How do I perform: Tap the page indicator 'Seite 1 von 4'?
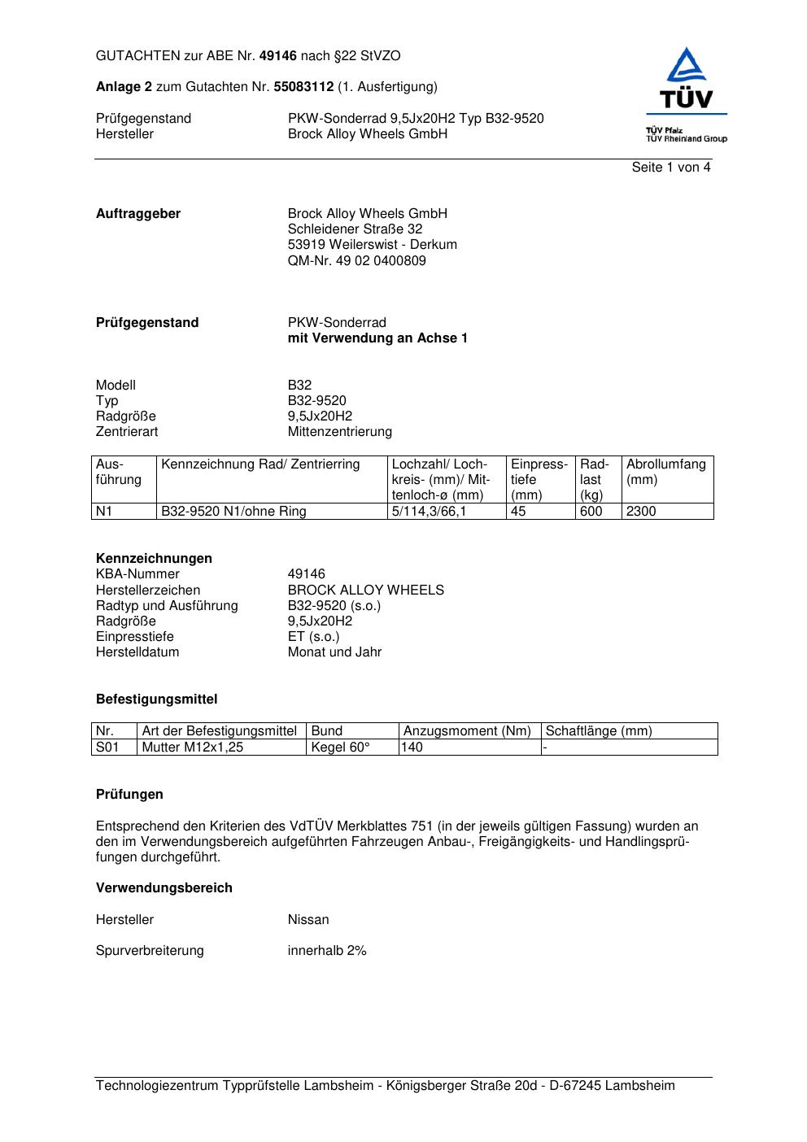tap(670, 168)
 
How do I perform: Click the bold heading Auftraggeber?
tap(138, 214)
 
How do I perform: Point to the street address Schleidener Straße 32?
tap(355, 229)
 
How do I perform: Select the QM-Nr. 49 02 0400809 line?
tap(356, 261)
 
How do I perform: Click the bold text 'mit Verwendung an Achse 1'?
tap(377, 338)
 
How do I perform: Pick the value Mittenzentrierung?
tap(339, 432)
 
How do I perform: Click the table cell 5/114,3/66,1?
tap(429, 512)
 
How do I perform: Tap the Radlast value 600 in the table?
tap(591, 512)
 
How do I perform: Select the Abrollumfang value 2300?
tap(640, 512)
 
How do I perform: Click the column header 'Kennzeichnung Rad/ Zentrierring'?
tap(260, 464)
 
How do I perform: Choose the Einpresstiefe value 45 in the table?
tap(518, 512)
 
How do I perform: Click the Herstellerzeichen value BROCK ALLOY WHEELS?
tap(365, 591)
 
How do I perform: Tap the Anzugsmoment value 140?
tap(412, 748)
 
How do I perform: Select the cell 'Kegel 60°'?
tap(339, 748)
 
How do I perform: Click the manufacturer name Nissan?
tap(308, 920)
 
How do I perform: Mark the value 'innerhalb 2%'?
tap(326, 951)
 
